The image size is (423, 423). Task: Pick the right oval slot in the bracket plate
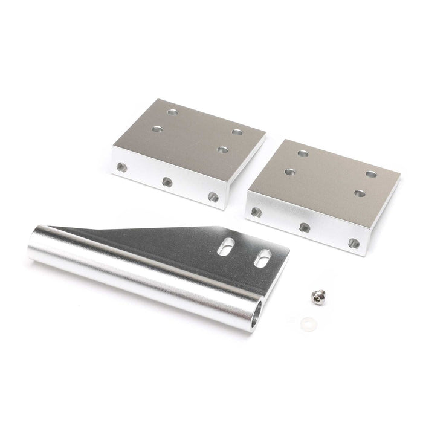[x=263, y=257]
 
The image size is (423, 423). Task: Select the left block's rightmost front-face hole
[x=212, y=196]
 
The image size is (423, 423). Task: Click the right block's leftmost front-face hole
[x=256, y=212]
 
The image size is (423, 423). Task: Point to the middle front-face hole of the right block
[x=304, y=227]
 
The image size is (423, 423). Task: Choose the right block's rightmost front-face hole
[x=354, y=244]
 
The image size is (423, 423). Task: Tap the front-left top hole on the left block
[x=158, y=129]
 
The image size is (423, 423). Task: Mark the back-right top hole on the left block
[x=236, y=131]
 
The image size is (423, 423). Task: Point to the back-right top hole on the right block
[x=369, y=174]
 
